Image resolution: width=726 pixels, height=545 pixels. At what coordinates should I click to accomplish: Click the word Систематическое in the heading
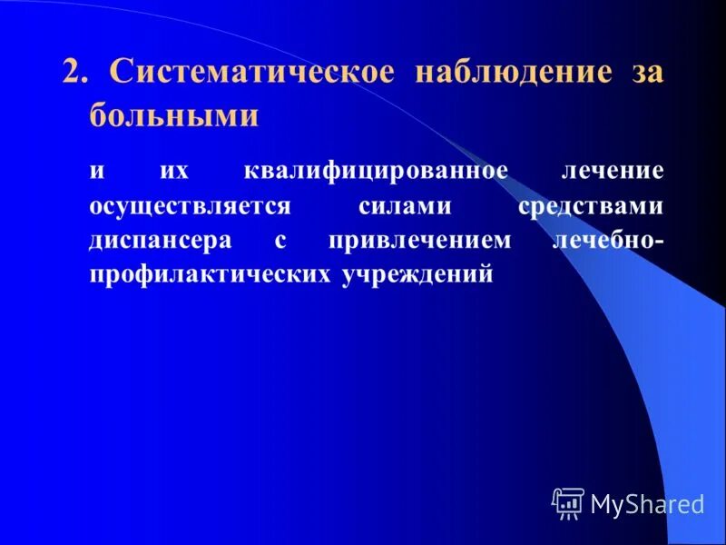(x=251, y=73)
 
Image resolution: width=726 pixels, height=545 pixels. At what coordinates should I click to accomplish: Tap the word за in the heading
(x=646, y=73)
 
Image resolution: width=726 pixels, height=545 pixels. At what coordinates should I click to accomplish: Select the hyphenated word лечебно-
(x=607, y=241)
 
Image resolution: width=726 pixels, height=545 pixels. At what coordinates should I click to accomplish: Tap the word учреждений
(x=417, y=274)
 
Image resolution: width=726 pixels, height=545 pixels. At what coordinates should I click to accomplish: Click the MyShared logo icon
(x=568, y=501)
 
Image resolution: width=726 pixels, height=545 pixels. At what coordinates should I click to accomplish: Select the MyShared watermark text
(x=647, y=503)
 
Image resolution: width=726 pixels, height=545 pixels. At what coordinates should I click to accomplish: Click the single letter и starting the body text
(x=96, y=171)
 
